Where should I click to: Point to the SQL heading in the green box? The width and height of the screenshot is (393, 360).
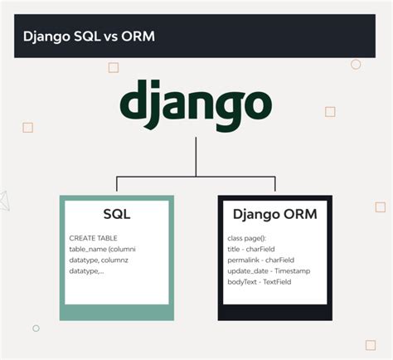pyautogui.click(x=116, y=215)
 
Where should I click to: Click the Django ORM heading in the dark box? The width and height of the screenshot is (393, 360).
pyautogui.click(x=274, y=215)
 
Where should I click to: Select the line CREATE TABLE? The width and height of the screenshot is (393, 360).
pyautogui.click(x=94, y=238)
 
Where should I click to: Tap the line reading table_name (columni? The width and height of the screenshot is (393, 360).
pyautogui.click(x=102, y=249)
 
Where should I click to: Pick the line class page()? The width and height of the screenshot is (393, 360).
pyautogui.click(x=246, y=238)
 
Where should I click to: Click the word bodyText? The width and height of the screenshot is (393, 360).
pyautogui.click(x=241, y=282)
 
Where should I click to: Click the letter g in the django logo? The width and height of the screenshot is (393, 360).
pyautogui.click(x=227, y=106)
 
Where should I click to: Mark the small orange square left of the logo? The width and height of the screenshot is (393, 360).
pyautogui.click(x=27, y=127)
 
